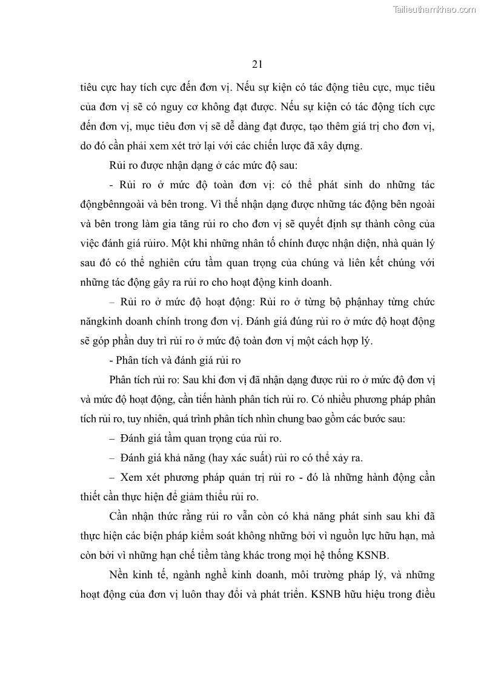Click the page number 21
[256, 64]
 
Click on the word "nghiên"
[173, 263]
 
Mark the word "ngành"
[176, 575]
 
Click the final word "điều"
[422, 595]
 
